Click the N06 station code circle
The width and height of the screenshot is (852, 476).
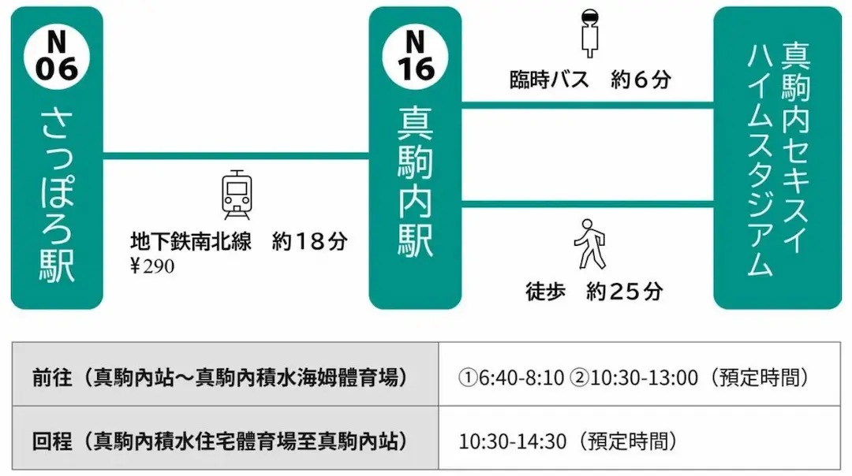coord(57,57)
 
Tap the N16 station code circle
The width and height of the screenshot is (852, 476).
coord(415,57)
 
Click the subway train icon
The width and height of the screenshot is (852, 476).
coord(237,195)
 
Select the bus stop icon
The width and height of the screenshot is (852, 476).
coord(589,33)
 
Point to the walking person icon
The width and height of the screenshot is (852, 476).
coord(589,244)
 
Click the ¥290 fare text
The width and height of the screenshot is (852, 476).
coord(152,266)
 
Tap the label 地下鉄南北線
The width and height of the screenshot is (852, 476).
coord(191,241)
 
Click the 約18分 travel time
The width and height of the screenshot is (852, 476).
coord(310,241)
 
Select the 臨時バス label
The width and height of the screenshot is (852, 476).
coord(549,80)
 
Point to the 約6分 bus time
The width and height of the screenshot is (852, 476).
coord(641,80)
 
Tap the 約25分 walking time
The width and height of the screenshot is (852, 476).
coord(625,292)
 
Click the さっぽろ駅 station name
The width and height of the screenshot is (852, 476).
coord(57,195)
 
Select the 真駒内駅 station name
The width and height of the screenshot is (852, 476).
coord(416,182)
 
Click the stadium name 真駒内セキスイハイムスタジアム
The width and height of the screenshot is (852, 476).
coord(778,158)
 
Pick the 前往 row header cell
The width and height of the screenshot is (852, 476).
coord(225,374)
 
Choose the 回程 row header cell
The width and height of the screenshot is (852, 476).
coord(225,437)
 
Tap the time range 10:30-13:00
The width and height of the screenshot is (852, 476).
coord(644,377)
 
